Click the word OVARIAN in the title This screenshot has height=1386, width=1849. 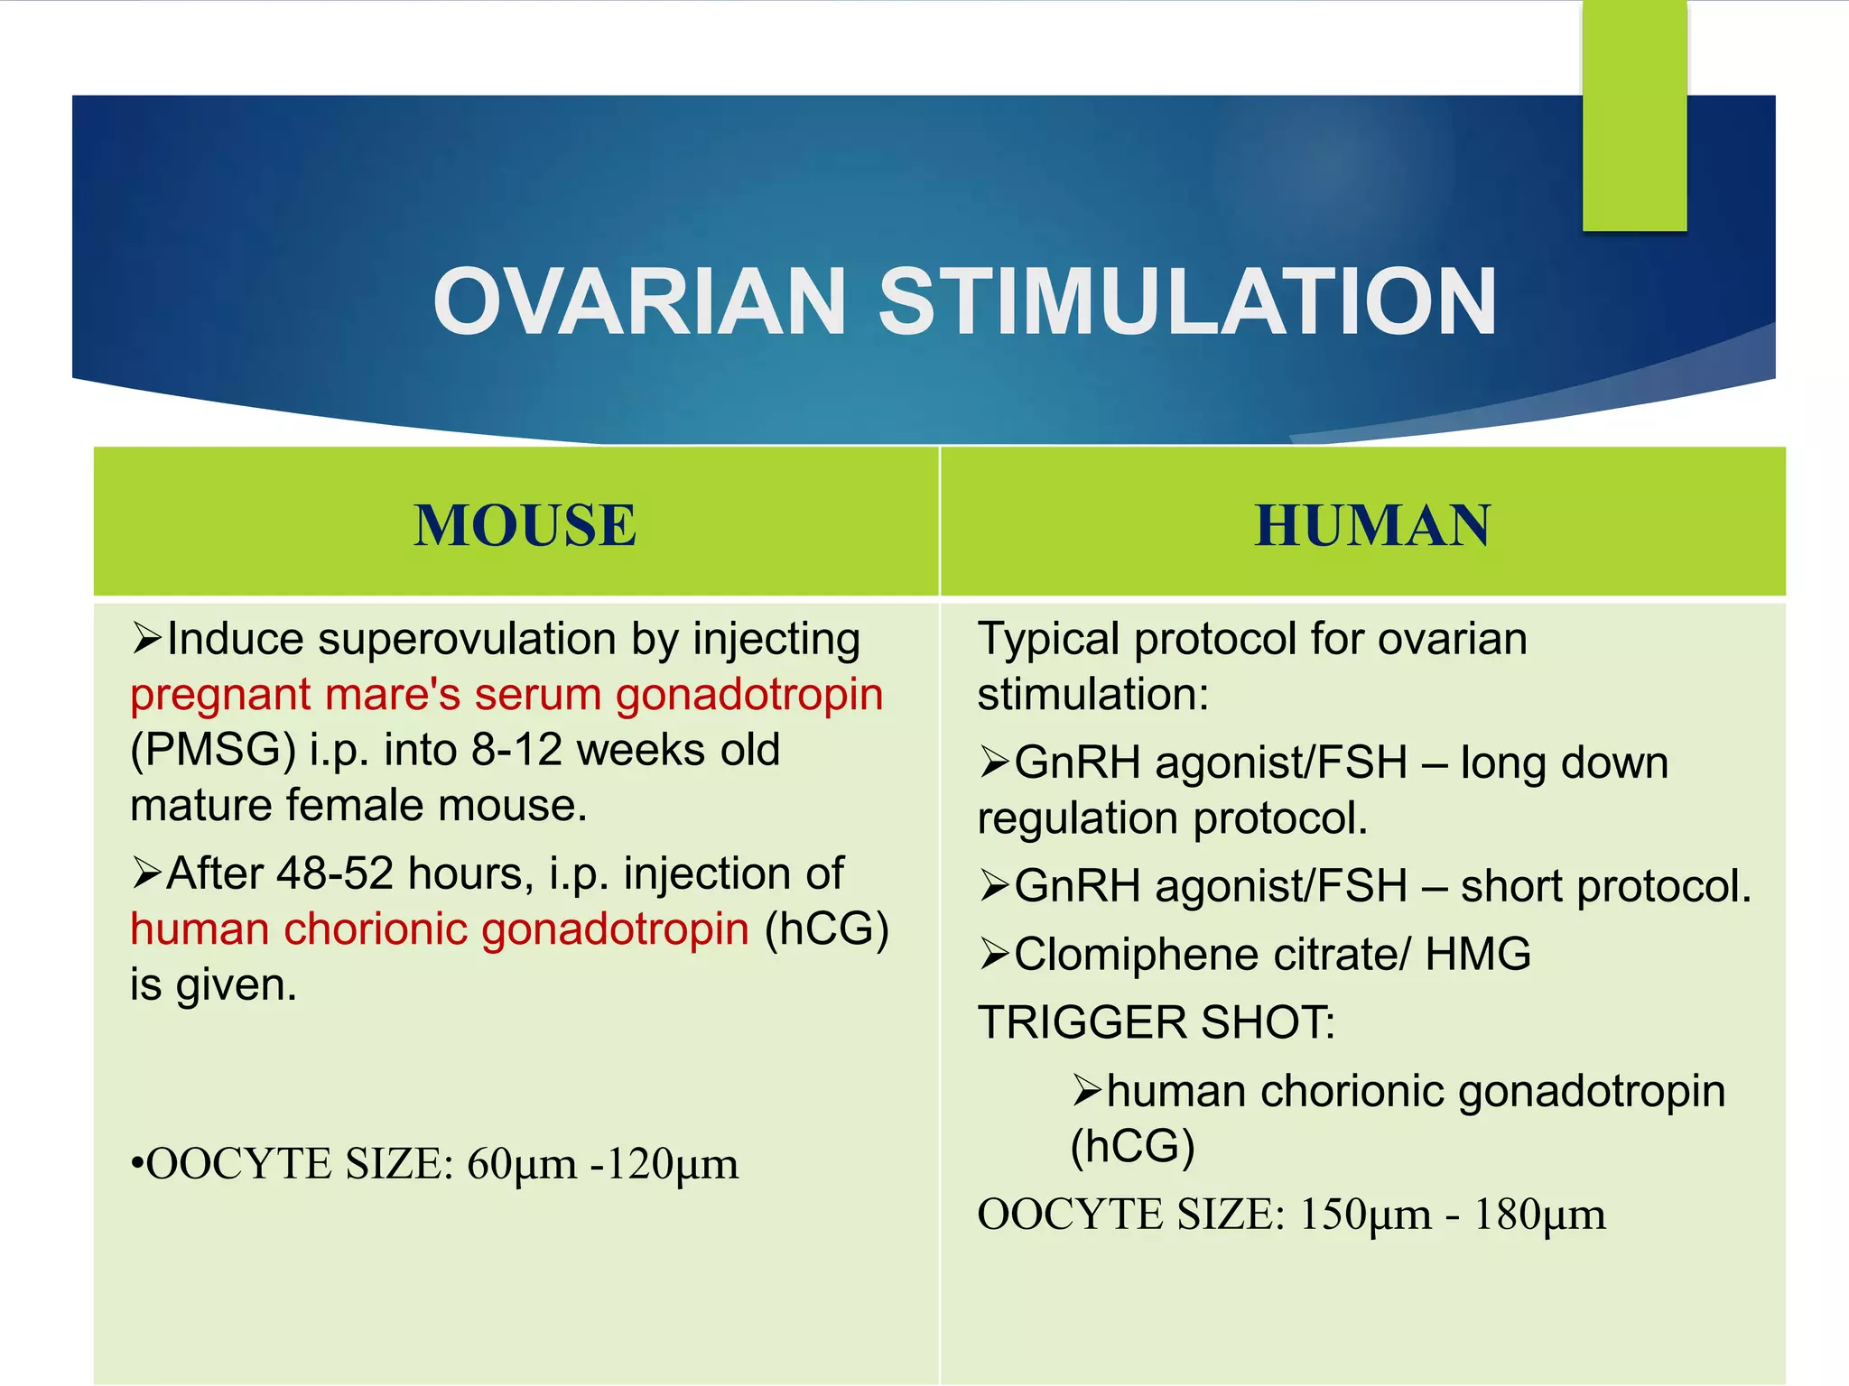coord(638,302)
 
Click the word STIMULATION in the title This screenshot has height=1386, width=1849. coord(1187,302)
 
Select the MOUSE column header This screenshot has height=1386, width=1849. coord(525,525)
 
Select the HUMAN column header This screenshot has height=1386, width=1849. coord(1372,525)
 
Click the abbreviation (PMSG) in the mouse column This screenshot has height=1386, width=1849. coord(213,750)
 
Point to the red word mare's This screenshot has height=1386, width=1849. coord(393,695)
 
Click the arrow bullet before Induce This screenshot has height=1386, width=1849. coord(146,638)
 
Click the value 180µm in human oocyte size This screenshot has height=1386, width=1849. coord(1539,1215)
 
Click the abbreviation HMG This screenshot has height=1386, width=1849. coord(1478,955)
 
